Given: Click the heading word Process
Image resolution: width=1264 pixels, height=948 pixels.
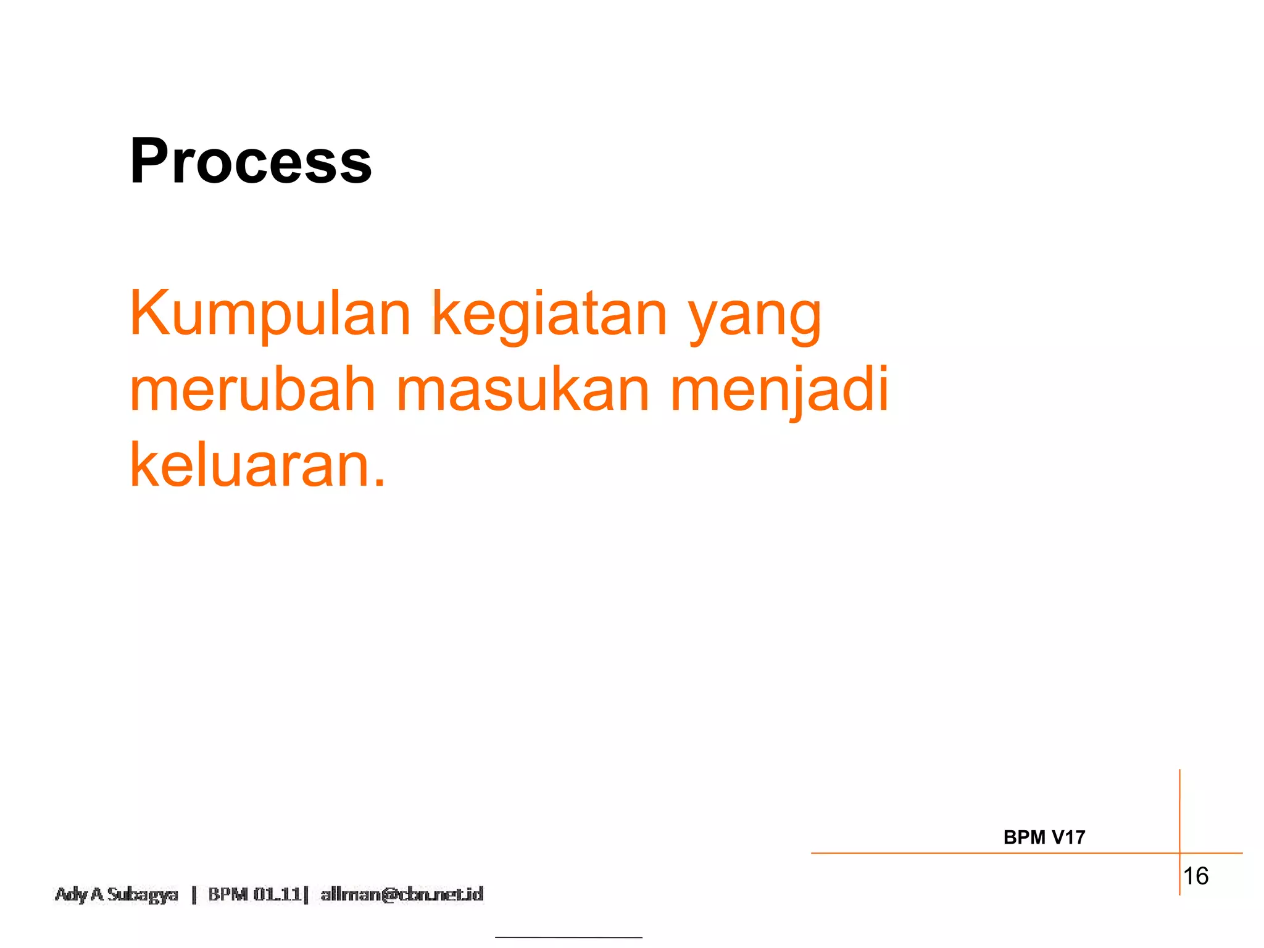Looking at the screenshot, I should point(251,162).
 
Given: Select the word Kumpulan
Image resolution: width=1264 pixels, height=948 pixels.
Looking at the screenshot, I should point(270,315).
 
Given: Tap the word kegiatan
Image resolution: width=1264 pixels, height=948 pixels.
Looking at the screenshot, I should point(549,315).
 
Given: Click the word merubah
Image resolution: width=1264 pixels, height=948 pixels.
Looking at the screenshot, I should point(252,389).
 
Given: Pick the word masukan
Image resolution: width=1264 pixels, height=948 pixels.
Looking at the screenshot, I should point(523,389).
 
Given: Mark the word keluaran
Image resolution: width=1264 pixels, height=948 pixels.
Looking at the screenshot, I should point(250,465).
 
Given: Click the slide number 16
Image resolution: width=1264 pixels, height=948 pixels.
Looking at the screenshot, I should point(1195,876).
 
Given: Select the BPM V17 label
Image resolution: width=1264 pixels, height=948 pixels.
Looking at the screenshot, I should point(1044,838).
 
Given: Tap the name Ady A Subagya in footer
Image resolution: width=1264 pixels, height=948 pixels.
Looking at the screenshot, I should point(117,894).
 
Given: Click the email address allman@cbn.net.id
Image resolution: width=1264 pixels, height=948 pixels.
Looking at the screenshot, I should point(402,894).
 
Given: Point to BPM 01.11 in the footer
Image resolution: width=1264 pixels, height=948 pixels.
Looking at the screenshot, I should point(254,894).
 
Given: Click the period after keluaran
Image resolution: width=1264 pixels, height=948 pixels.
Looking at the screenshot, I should point(380,483).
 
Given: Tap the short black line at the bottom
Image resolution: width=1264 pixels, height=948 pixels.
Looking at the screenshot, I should point(568,938).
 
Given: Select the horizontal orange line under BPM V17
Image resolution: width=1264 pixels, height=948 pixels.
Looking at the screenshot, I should point(987,853).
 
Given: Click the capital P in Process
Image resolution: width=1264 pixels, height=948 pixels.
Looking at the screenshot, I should point(148,162).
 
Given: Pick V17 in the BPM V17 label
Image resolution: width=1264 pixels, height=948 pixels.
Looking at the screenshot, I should point(1068,838).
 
